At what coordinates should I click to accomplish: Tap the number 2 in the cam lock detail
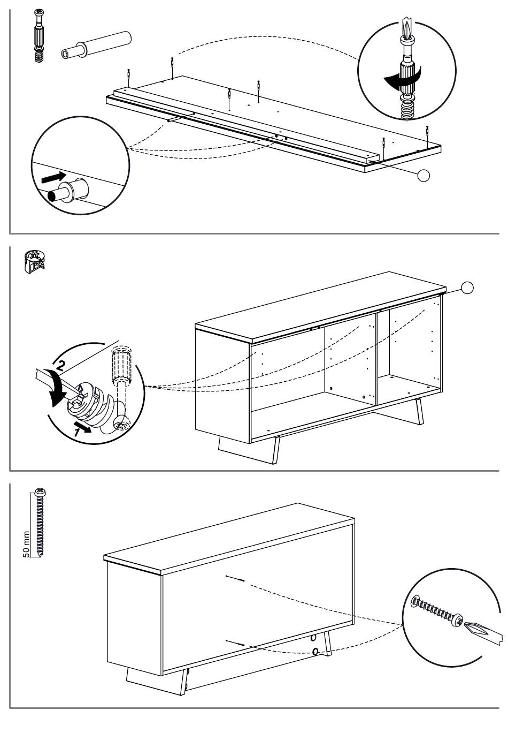(x=61, y=367)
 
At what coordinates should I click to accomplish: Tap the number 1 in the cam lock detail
(x=79, y=432)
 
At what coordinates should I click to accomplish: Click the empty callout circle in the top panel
(x=423, y=175)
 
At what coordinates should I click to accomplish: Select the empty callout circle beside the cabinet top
(x=467, y=288)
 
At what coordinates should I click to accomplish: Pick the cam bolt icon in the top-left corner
(x=39, y=35)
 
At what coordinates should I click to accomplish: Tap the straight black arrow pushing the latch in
(x=54, y=176)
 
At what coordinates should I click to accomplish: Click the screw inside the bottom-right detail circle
(x=435, y=611)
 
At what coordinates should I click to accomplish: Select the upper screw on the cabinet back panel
(x=235, y=578)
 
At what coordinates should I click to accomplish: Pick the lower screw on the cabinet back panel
(x=235, y=643)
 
